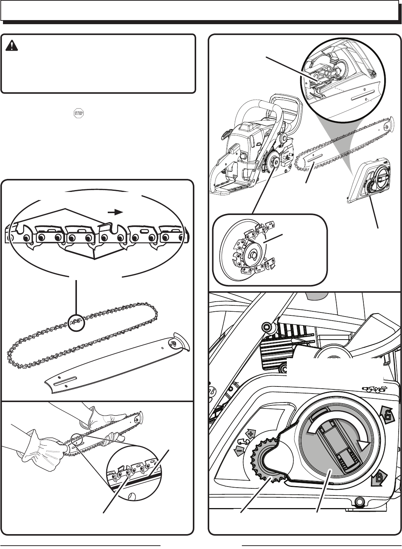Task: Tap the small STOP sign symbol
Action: (x=79, y=113)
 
